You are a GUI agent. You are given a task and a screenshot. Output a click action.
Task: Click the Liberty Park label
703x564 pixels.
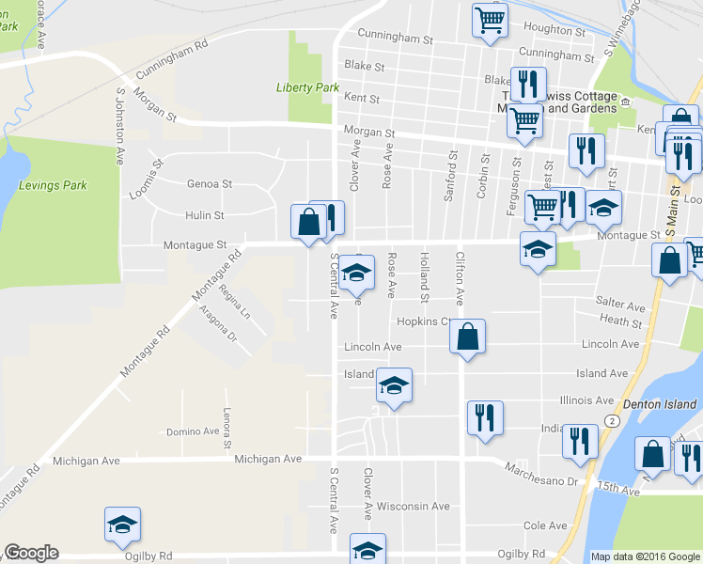(x=307, y=87)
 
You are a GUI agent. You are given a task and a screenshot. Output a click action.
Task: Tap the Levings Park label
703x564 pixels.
(x=53, y=186)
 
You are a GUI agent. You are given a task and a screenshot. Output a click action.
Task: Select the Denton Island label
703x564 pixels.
(x=663, y=405)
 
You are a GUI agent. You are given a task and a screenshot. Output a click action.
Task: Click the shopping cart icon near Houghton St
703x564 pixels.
(x=491, y=20)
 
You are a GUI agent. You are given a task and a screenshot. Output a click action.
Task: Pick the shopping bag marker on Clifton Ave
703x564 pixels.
(x=468, y=337)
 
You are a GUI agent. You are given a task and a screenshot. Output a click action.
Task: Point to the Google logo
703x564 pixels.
(x=30, y=553)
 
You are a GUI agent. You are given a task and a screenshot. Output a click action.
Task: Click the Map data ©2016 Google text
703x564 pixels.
(x=645, y=556)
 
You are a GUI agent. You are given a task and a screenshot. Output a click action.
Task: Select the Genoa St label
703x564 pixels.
(x=210, y=184)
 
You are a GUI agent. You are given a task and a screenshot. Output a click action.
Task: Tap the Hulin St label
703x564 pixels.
(x=204, y=215)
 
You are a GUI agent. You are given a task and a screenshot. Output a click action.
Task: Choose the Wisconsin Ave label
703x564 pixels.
(x=413, y=507)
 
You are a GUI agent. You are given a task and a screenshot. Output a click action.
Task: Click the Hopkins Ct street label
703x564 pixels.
(x=425, y=321)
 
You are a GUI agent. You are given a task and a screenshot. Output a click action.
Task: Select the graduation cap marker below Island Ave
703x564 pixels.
(x=395, y=385)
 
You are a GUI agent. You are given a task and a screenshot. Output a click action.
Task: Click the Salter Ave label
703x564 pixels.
(x=620, y=306)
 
